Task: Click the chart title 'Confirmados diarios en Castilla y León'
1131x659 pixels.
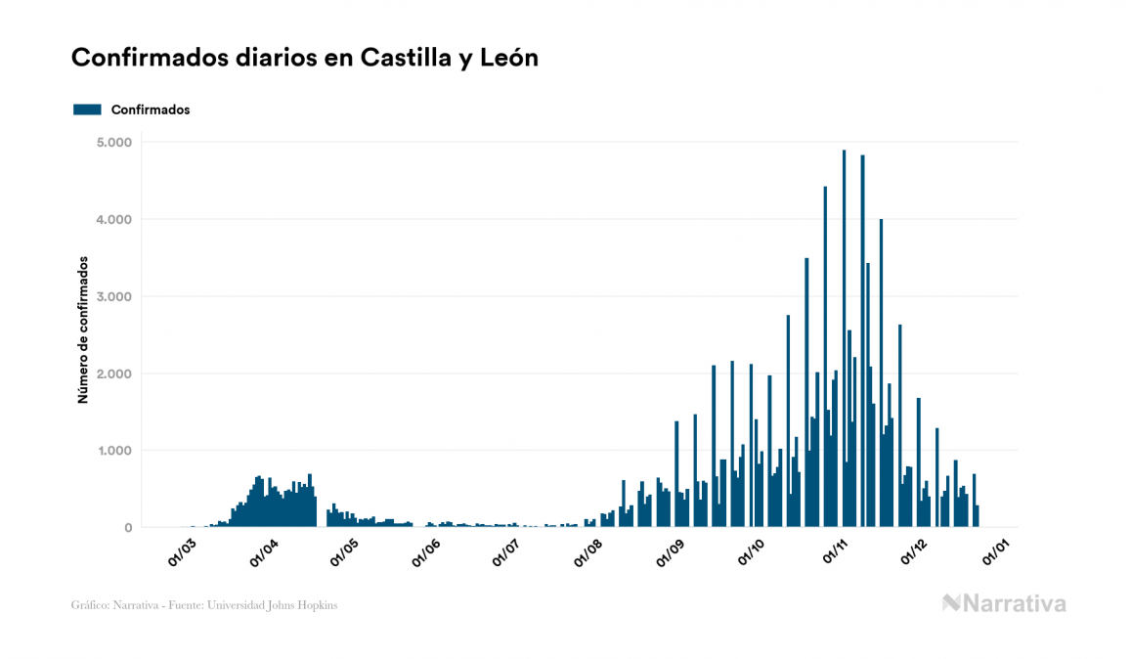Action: (305, 58)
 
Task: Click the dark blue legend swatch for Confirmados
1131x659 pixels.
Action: (87, 110)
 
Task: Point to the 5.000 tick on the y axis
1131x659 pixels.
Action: (114, 143)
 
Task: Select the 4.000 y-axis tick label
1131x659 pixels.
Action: (114, 220)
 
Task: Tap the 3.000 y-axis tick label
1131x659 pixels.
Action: (114, 297)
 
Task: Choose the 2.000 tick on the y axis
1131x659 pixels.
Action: (114, 373)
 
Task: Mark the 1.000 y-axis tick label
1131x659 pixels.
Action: (114, 451)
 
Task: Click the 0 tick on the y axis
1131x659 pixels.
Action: (127, 528)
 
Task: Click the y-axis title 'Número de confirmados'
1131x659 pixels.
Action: (84, 330)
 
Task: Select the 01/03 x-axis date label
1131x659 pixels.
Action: (182, 552)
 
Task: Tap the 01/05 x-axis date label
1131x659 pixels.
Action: (345, 552)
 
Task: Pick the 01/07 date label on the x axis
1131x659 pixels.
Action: (506, 552)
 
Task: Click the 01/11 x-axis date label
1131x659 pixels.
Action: (834, 552)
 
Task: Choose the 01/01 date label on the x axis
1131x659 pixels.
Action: (997, 552)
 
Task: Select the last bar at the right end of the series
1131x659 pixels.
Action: (978, 516)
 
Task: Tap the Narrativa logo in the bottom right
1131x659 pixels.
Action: (1004, 603)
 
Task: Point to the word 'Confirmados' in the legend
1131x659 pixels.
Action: (151, 110)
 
